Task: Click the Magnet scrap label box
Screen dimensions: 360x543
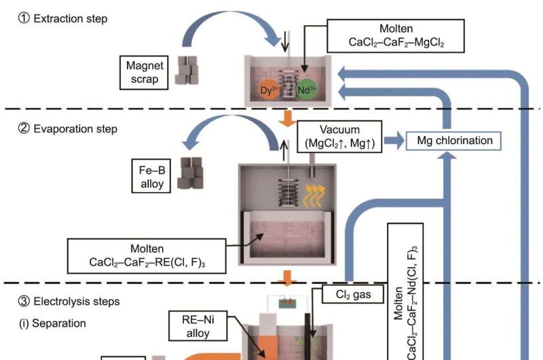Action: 141,72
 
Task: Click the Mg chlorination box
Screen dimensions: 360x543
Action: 453,141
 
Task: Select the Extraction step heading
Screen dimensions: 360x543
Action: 62,19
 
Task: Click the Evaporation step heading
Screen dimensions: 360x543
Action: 68,128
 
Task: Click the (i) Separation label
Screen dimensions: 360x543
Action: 52,323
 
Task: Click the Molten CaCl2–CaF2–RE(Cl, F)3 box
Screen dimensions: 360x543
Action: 147,255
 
